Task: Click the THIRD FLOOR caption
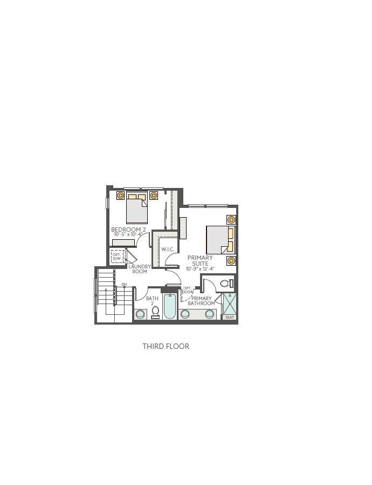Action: (x=166, y=346)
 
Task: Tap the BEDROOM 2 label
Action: (x=128, y=230)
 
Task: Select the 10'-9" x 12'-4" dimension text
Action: (x=200, y=269)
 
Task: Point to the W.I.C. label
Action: (x=168, y=249)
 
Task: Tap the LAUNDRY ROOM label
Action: (x=140, y=269)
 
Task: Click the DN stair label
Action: (x=124, y=284)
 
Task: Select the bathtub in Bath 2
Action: (x=170, y=306)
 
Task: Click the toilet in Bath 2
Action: (x=155, y=312)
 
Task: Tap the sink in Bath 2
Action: (x=140, y=314)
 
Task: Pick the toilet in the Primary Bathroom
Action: (x=228, y=284)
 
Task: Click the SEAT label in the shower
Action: (x=230, y=318)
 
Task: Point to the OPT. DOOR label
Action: (x=188, y=290)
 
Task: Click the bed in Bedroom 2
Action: (x=137, y=207)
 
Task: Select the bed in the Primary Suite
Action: (x=221, y=240)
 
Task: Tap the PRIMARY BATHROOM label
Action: (x=201, y=301)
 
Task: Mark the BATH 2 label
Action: (x=152, y=301)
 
